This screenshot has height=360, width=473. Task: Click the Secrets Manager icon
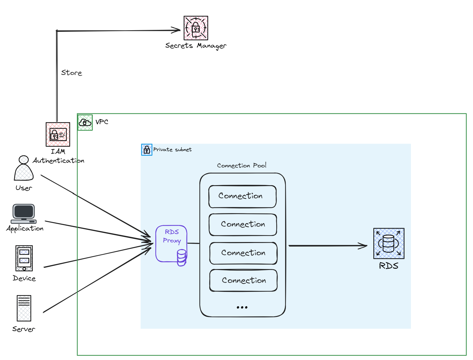(x=196, y=28)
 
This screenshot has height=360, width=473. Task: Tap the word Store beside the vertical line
(x=72, y=73)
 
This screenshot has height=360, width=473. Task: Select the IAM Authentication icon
(x=58, y=134)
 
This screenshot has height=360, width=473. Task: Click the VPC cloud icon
(x=85, y=122)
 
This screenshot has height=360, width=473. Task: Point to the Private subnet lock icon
(x=147, y=150)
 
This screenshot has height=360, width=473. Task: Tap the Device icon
(x=24, y=258)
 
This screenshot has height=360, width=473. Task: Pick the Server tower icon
(x=24, y=308)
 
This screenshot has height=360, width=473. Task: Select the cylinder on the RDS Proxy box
(x=182, y=257)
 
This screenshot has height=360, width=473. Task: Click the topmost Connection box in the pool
(x=242, y=196)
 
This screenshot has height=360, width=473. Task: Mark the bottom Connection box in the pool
(x=243, y=280)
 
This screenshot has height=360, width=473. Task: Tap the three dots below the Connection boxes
(x=242, y=308)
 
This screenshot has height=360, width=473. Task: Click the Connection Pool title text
(x=242, y=166)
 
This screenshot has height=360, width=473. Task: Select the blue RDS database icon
(x=389, y=244)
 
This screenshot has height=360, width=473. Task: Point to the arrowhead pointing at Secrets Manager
(x=178, y=30)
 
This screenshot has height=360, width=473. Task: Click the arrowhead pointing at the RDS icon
(x=364, y=246)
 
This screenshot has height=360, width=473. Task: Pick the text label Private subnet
(x=172, y=149)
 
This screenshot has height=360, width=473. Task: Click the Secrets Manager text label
(x=196, y=46)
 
